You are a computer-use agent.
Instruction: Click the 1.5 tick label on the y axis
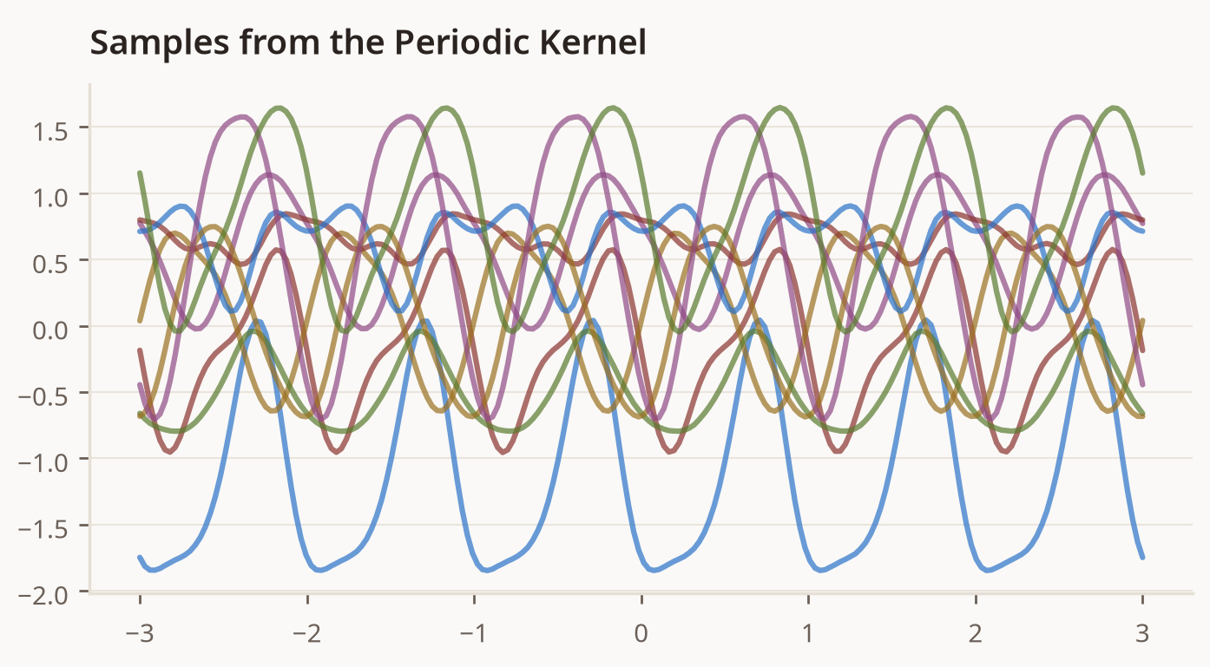50,131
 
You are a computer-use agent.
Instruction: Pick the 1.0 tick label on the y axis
50,198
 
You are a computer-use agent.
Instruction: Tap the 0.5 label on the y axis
50,265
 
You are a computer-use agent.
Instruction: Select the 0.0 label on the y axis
50,330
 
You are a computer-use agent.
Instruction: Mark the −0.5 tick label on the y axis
43,396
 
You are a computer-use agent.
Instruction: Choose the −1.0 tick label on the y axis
43,463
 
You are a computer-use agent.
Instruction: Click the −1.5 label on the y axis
43,529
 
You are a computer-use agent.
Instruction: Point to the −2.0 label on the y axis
43,596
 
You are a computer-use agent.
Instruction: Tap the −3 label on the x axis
140,633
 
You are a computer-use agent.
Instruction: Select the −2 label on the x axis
306,633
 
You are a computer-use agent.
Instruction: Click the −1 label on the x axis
474,633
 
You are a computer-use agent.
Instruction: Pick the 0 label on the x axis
641,633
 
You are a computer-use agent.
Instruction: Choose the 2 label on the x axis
975,633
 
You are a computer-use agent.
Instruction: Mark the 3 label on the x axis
1142,633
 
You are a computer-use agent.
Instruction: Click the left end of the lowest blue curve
140,557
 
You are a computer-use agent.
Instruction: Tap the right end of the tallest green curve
1142,173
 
